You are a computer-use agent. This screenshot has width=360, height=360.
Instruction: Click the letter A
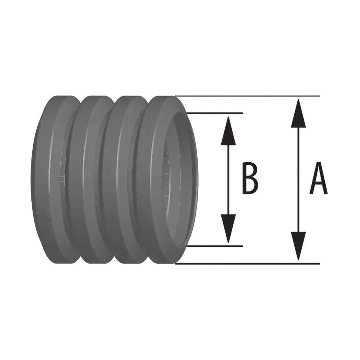318,178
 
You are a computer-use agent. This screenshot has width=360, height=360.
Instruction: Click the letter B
250,178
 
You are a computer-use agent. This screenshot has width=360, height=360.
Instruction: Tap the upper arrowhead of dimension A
298,113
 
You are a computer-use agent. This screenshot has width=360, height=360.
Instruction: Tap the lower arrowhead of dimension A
298,246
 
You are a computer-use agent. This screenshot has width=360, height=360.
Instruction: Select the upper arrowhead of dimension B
228,131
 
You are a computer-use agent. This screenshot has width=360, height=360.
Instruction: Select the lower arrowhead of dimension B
228,229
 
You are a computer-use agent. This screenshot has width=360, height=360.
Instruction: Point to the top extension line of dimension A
247,96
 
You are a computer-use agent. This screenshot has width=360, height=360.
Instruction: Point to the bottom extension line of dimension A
247,264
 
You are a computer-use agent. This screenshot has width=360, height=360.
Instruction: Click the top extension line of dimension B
214,113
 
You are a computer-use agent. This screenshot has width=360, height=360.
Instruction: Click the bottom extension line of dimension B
214,246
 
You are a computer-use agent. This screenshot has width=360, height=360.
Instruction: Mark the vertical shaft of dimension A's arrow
298,180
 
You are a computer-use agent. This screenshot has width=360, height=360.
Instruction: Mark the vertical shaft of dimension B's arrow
228,180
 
